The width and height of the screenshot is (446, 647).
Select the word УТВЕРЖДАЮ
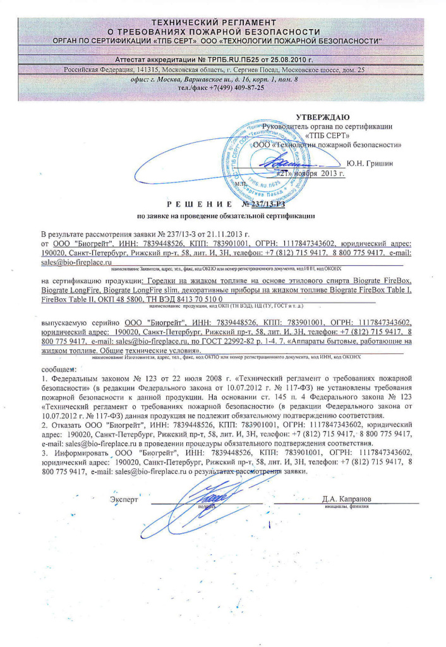323,117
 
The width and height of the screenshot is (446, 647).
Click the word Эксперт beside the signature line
124,499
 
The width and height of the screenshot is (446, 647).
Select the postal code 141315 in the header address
149,70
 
